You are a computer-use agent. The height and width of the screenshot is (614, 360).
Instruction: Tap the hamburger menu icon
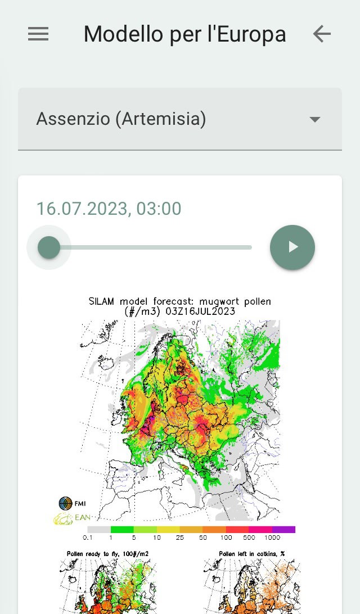tap(38, 34)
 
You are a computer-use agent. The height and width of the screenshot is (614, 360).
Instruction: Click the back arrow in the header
tap(322, 34)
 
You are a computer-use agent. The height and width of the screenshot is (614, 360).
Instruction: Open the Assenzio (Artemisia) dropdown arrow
tap(315, 119)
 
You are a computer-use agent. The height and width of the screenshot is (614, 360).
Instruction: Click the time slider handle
tap(49, 247)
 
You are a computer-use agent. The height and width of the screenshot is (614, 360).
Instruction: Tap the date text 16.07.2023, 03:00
tap(109, 209)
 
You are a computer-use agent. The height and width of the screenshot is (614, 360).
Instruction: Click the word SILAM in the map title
tap(102, 301)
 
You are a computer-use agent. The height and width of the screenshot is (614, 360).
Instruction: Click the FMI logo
tap(66, 503)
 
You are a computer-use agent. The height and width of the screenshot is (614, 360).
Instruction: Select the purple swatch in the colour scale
tap(284, 529)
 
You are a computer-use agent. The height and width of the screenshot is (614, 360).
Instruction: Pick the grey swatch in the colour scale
tap(99, 529)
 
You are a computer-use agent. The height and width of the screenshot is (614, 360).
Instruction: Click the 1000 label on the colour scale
tap(273, 538)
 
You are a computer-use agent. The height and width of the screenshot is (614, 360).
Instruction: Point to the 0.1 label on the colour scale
tap(88, 538)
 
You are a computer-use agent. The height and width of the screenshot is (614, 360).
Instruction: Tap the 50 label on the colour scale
tap(202, 538)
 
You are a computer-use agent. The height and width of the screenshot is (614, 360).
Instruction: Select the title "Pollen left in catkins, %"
tap(251, 554)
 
